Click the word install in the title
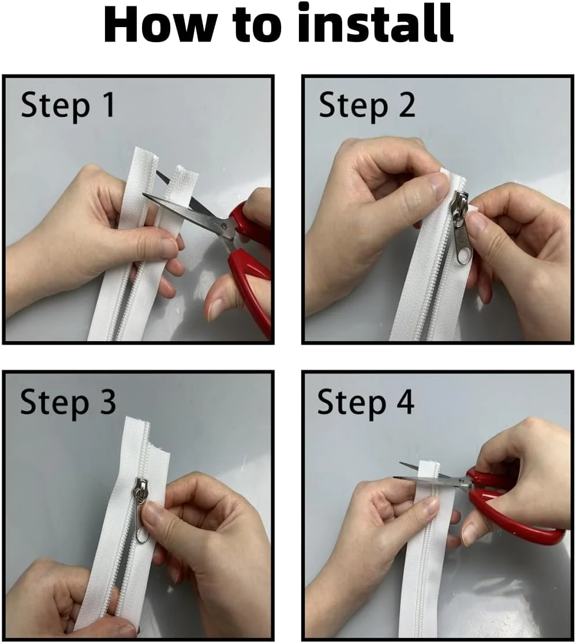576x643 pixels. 375,24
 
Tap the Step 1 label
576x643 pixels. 68,106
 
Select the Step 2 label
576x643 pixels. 367,106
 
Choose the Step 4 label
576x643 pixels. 365,402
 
